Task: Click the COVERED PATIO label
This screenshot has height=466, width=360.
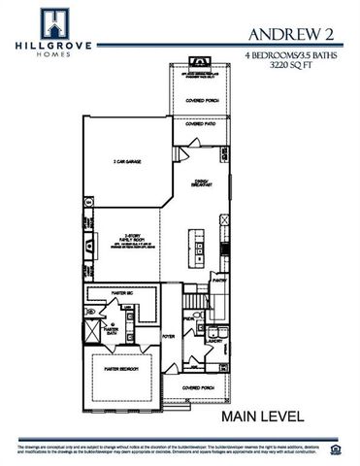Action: [201, 124]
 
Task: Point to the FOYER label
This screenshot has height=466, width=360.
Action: [167, 337]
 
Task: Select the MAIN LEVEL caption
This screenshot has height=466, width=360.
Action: [262, 416]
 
